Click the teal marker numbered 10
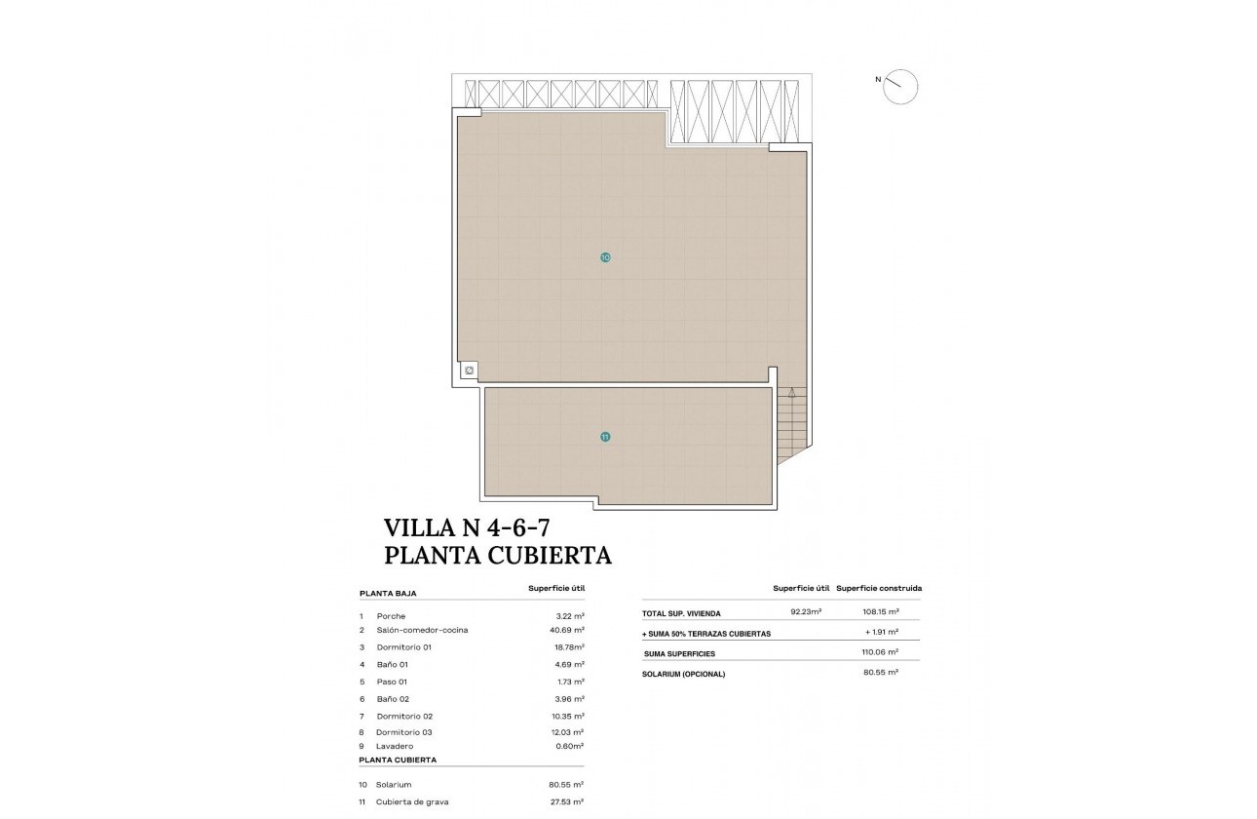tap(605, 257)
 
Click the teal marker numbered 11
tap(605, 437)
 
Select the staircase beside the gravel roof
tap(792, 424)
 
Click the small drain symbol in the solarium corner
tap(469, 370)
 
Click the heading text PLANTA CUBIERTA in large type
tap(498, 556)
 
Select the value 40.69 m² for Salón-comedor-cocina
tap(566, 630)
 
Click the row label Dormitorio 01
tap(403, 646)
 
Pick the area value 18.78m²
tap(566, 646)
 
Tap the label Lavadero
tap(394, 746)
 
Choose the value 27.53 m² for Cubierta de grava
tap(566, 801)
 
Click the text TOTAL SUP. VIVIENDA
tap(681, 613)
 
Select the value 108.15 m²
tap(880, 612)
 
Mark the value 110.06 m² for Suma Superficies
tap(880, 652)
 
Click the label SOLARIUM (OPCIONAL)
tap(683, 674)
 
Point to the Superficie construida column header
tap(879, 588)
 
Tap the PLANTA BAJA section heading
tap(387, 593)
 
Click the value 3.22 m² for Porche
tap(569, 616)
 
